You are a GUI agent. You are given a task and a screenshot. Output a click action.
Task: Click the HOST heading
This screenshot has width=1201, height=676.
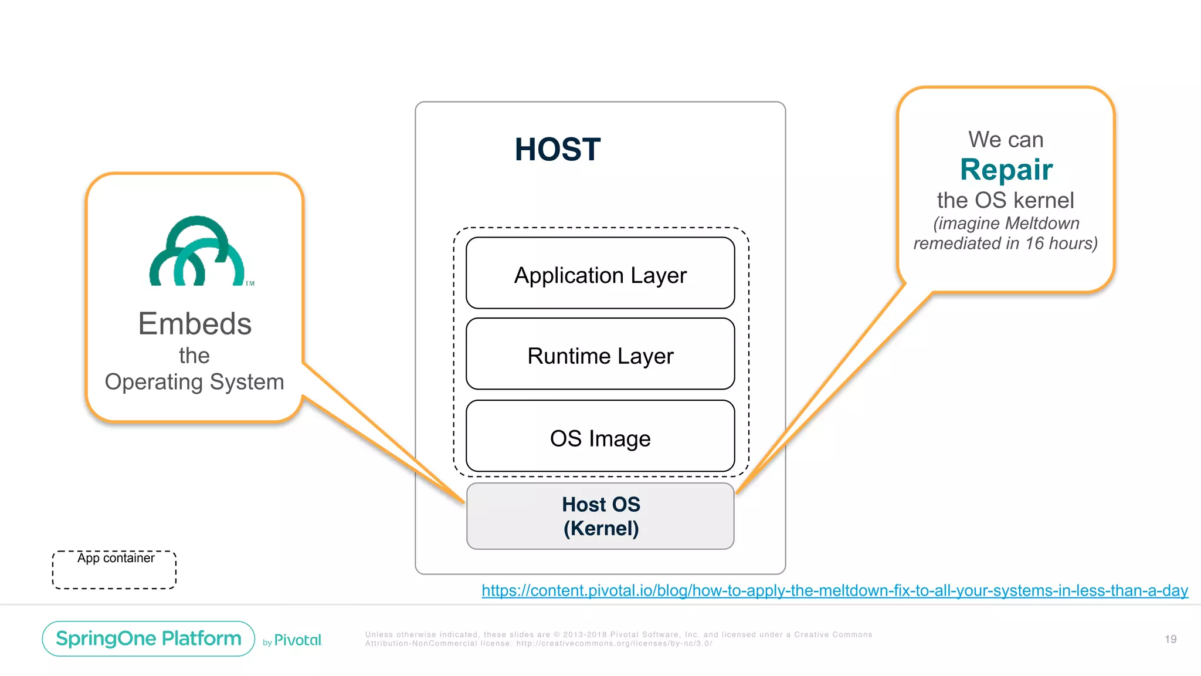pos(557,149)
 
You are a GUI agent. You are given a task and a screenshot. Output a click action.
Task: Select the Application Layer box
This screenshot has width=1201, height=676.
pos(600,273)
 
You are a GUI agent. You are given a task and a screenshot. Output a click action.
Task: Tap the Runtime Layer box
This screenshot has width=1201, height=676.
pos(600,354)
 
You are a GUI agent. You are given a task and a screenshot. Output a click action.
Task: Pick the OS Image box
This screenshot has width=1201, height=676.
pos(600,437)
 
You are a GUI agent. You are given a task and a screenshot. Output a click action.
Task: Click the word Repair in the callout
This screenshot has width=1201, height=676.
pos(1006,170)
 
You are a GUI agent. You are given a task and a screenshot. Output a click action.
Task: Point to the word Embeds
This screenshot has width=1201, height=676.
pos(195,323)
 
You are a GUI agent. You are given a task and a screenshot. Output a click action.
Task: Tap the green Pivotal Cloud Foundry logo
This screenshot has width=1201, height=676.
pos(198,252)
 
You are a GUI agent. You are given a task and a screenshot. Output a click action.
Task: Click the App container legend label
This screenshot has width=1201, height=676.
pos(116,558)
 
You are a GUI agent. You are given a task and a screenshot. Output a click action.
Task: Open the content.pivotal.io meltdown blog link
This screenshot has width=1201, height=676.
pos(834,590)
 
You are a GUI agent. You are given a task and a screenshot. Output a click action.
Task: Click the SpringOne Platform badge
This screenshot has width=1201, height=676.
pos(148,638)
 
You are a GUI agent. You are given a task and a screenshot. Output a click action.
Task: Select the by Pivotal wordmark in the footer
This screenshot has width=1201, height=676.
pos(293,640)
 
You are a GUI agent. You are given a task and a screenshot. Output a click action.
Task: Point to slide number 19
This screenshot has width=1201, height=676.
pos(1170,639)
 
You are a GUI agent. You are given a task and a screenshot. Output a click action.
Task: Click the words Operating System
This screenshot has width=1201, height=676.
pos(194,382)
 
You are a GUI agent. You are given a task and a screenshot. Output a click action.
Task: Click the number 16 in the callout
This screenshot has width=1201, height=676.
pos(1034,243)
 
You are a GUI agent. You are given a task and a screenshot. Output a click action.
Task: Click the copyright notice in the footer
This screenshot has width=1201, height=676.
pos(618,638)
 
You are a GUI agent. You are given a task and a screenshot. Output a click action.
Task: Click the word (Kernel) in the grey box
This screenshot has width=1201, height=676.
pos(600,528)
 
